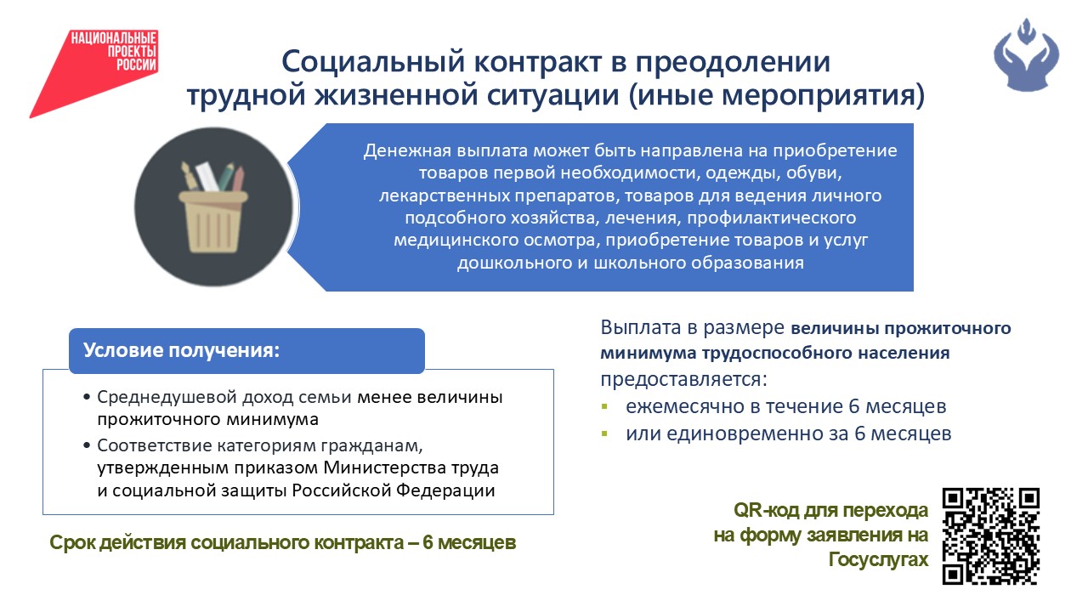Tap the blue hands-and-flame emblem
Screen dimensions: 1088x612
pyautogui.click(x=1026, y=54)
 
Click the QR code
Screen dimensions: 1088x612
pyautogui.click(x=991, y=536)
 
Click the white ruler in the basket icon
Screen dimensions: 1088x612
pyautogui.click(x=207, y=176)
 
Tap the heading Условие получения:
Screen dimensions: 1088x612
pyautogui.click(x=181, y=350)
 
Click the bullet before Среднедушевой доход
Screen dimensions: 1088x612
pyautogui.click(x=87, y=397)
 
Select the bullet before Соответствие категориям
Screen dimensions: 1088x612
pyautogui.click(x=87, y=445)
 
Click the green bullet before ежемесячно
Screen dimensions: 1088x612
pyautogui.click(x=604, y=406)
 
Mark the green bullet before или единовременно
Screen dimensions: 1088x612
pyautogui.click(x=604, y=433)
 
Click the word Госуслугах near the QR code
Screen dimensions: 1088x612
pyautogui.click(x=878, y=560)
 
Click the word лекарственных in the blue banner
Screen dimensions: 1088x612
pyautogui.click(x=444, y=195)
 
